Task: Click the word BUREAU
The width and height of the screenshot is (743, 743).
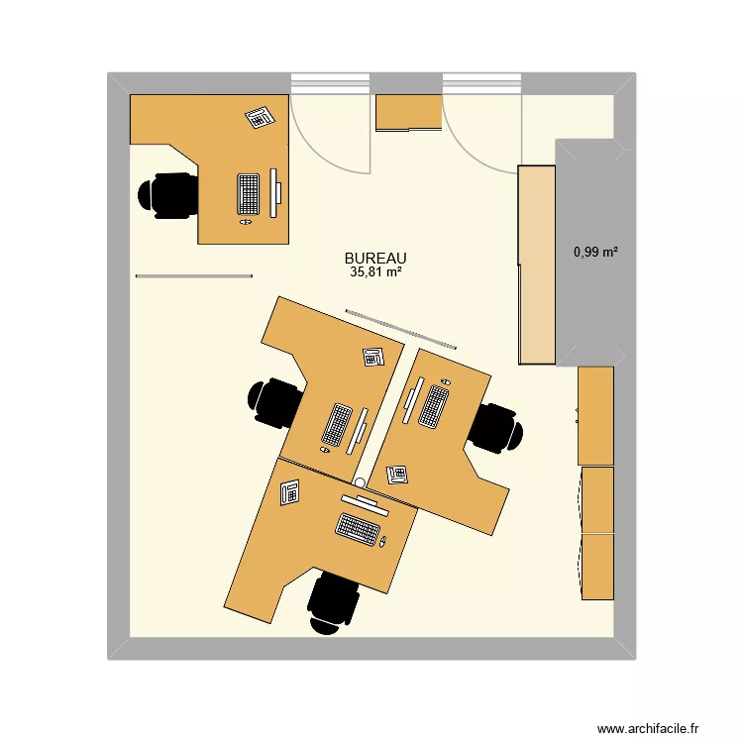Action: [x=375, y=257]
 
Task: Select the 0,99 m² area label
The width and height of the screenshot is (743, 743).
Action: [x=595, y=253]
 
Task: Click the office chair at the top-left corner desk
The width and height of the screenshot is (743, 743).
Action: [x=168, y=194]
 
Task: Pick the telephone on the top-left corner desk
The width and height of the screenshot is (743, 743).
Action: [x=259, y=117]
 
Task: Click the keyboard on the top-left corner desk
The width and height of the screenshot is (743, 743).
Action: [x=248, y=193]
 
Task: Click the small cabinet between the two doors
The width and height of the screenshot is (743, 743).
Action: [x=408, y=112]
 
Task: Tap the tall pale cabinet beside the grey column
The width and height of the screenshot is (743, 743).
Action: [x=537, y=265]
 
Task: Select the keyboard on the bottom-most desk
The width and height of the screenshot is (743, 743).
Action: [x=359, y=528]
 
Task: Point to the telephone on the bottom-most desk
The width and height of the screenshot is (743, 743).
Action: [x=290, y=491]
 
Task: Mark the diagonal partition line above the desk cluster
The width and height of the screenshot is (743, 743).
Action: [x=401, y=328]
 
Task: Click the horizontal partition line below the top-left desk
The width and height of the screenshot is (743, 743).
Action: [x=194, y=276]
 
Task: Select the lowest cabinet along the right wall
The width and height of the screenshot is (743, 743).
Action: [x=597, y=566]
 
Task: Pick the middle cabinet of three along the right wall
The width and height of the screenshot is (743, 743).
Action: [x=597, y=499]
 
